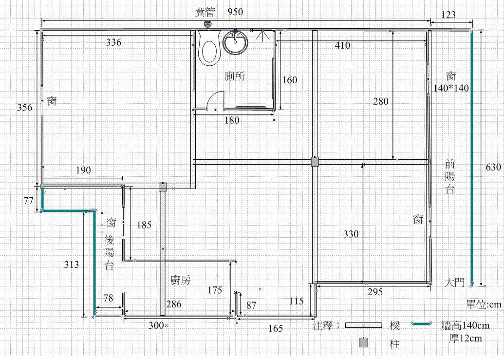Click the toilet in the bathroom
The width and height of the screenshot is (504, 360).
click(209, 48)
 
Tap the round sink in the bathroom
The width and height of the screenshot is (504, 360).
click(236, 42)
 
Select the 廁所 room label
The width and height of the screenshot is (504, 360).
click(235, 76)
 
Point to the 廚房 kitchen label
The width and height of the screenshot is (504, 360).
click(181, 280)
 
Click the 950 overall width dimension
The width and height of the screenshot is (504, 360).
click(235, 12)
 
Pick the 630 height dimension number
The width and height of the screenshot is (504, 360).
click(493, 167)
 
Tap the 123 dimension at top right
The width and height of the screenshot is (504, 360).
click(448, 15)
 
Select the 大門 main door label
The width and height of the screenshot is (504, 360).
click(455, 282)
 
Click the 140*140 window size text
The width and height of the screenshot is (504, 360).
click(451, 88)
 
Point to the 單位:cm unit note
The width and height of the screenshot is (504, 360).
click(484, 304)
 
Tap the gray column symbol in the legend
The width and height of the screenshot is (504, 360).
click(364, 342)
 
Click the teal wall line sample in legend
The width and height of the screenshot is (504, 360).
click(421, 323)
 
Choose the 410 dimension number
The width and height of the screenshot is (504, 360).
click(342, 45)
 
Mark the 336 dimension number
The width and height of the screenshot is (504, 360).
click(114, 42)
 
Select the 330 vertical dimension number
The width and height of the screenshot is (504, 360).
click(351, 234)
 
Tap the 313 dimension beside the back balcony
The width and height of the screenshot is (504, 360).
click(72, 265)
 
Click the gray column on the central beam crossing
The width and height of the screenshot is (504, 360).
click(315, 161)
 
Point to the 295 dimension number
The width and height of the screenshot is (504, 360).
click(375, 292)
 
